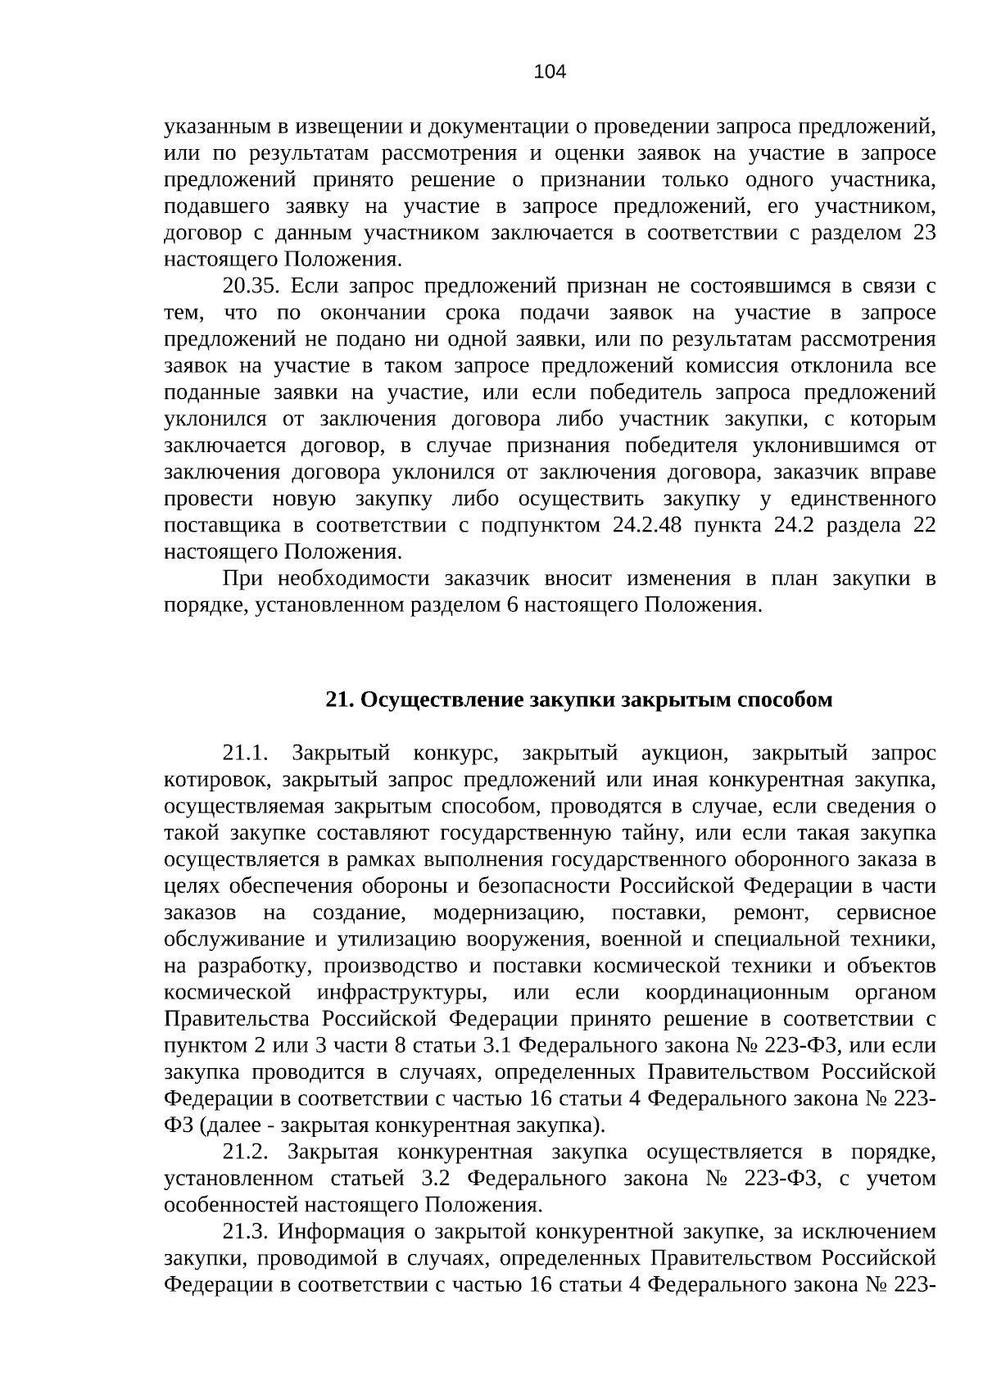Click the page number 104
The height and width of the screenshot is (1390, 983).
(x=549, y=72)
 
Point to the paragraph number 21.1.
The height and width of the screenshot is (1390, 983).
(x=246, y=753)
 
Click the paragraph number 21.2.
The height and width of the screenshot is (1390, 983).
(x=246, y=1152)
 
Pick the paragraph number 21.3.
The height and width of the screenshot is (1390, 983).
(x=246, y=1232)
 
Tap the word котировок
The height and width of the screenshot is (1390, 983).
(x=211, y=779)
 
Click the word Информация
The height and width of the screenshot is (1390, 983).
(x=351, y=1232)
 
